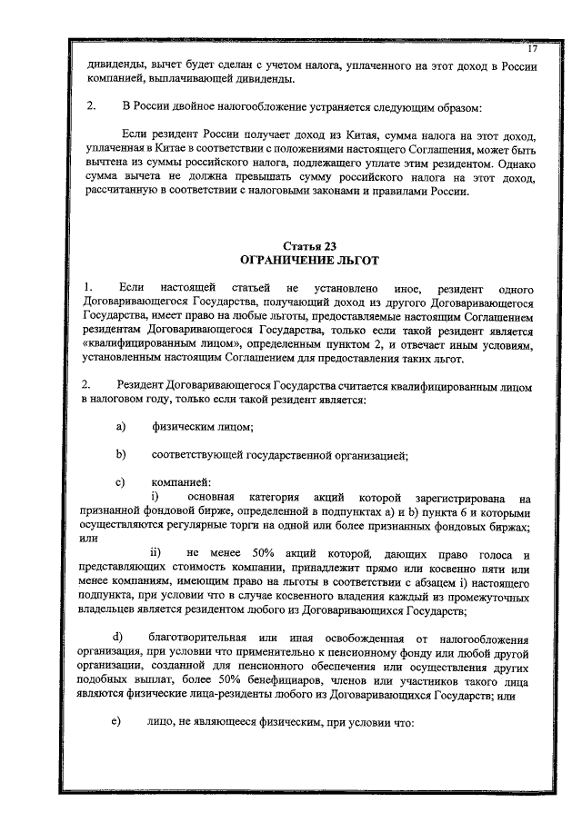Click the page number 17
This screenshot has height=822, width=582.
(534, 47)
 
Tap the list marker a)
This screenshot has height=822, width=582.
(118, 428)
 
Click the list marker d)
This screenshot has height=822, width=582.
(117, 634)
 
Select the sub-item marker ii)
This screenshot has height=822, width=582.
(156, 554)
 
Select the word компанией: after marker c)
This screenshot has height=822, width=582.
(182, 480)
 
